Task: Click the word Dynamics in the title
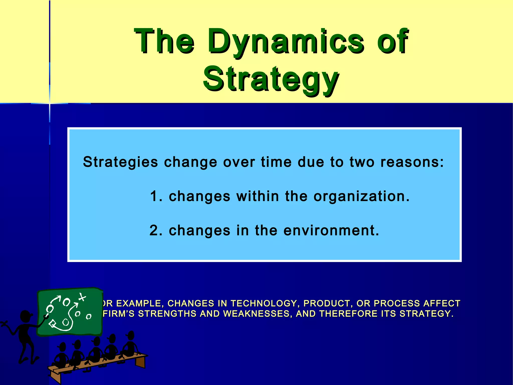pyautogui.click(x=286, y=41)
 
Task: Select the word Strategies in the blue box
pyautogui.click(x=120, y=162)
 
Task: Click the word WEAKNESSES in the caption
pyautogui.click(x=256, y=314)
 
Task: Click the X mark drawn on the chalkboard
pyautogui.click(x=82, y=298)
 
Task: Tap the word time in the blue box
pyautogui.click(x=276, y=162)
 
